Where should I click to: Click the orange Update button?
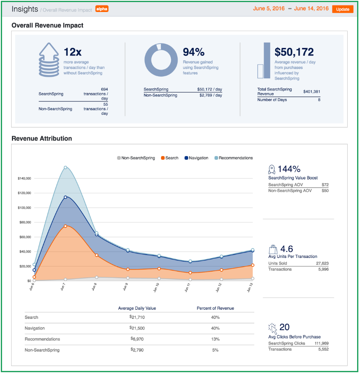[343, 9]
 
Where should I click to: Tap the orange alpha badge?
[102, 9]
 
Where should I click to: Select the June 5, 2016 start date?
[268, 9]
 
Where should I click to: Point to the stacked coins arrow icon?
[49, 60]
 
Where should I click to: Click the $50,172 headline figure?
[294, 52]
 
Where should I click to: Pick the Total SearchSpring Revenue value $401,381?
[311, 92]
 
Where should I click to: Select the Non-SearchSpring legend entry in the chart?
[136, 158]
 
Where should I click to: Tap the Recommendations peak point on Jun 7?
[65, 168]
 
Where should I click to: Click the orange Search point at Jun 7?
[65, 226]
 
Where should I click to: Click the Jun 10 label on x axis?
[156, 288]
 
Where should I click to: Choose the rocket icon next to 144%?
[272, 169]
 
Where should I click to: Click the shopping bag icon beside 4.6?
[273, 249]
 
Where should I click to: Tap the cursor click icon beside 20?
[272, 329]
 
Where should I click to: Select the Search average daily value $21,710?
[137, 318]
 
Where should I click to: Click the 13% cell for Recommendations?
[215, 339]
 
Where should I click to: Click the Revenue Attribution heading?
[42, 139]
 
